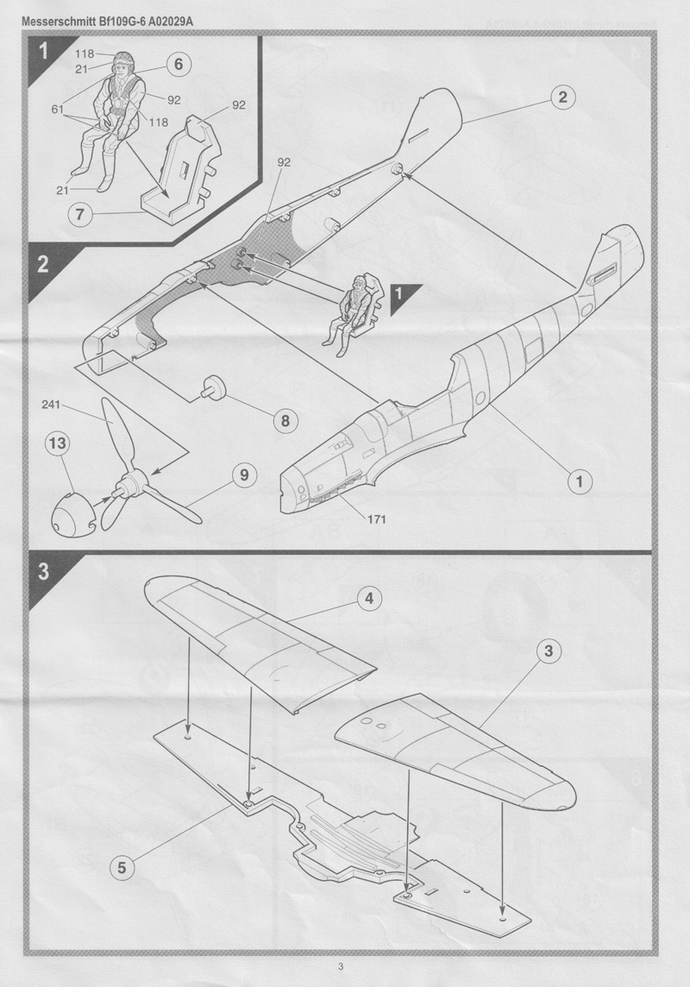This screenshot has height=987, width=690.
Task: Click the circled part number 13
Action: click(x=57, y=446)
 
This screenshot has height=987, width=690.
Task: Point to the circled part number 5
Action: click(x=122, y=867)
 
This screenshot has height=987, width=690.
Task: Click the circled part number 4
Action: click(x=368, y=599)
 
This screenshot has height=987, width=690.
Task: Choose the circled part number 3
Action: click(x=547, y=652)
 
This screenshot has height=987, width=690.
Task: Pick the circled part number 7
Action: click(x=78, y=214)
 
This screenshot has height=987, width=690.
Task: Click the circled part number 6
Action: click(x=178, y=63)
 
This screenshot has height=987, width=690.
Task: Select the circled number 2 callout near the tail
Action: click(x=561, y=97)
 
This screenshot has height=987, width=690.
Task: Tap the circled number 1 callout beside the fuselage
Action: click(x=580, y=481)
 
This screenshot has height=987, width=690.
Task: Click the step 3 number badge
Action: click(x=43, y=572)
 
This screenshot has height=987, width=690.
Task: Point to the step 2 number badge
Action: click(x=43, y=265)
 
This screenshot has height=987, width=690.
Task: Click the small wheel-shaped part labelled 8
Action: click(x=213, y=389)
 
